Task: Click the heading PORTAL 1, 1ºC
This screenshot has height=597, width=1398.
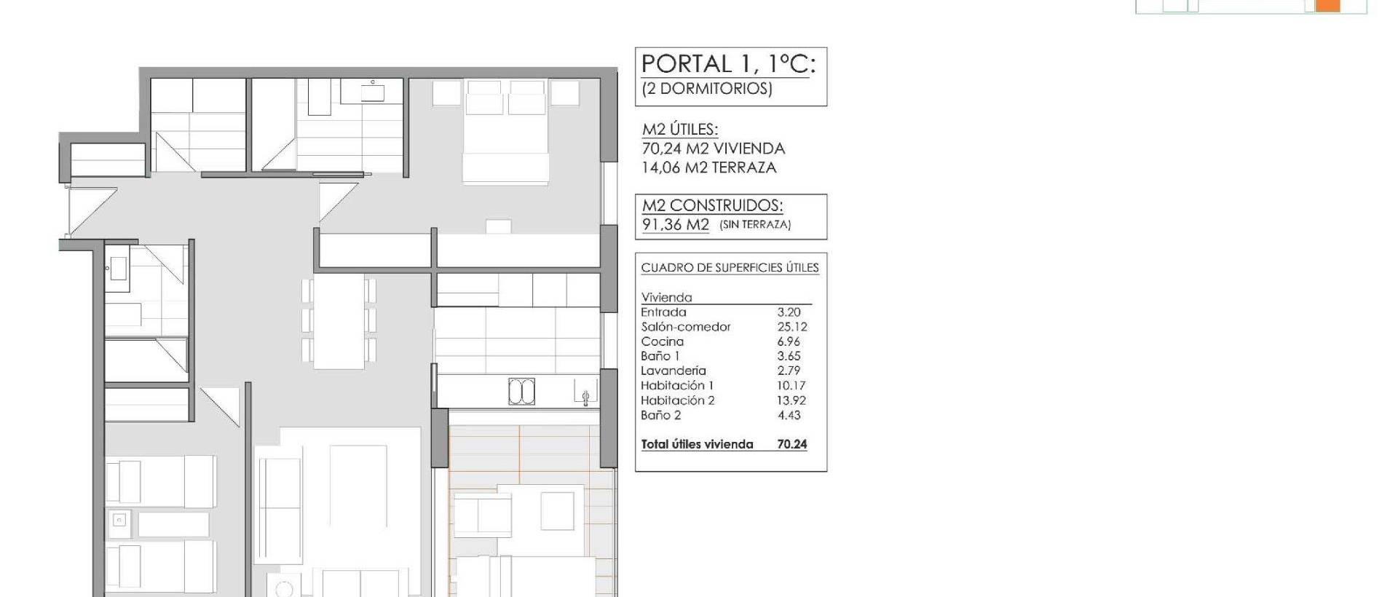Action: click(x=728, y=64)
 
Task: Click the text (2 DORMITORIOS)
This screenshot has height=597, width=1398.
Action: click(x=706, y=89)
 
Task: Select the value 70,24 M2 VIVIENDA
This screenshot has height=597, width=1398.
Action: click(x=713, y=149)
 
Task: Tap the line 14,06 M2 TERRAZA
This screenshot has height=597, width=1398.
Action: click(x=708, y=167)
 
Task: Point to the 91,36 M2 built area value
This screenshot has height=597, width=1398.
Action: click(x=675, y=224)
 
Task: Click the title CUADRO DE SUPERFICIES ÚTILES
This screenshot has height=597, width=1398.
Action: click(x=730, y=268)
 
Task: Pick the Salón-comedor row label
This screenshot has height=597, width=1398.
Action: click(x=685, y=327)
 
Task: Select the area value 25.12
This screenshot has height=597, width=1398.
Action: click(x=791, y=327)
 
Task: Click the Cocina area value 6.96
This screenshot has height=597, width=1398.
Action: click(x=789, y=341)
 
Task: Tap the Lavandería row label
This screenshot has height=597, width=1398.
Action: click(x=673, y=371)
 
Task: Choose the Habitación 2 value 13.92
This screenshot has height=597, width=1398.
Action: click(x=791, y=400)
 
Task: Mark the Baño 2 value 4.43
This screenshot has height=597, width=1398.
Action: click(x=789, y=415)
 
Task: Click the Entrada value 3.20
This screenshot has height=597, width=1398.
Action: click(x=789, y=312)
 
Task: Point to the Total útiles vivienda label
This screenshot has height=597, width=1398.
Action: click(x=697, y=444)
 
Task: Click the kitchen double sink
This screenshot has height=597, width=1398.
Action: click(x=521, y=392)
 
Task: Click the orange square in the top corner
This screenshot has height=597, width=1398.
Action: click(x=1328, y=5)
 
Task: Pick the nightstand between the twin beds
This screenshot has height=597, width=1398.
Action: click(x=119, y=520)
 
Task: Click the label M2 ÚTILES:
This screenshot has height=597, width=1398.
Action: click(x=679, y=130)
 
